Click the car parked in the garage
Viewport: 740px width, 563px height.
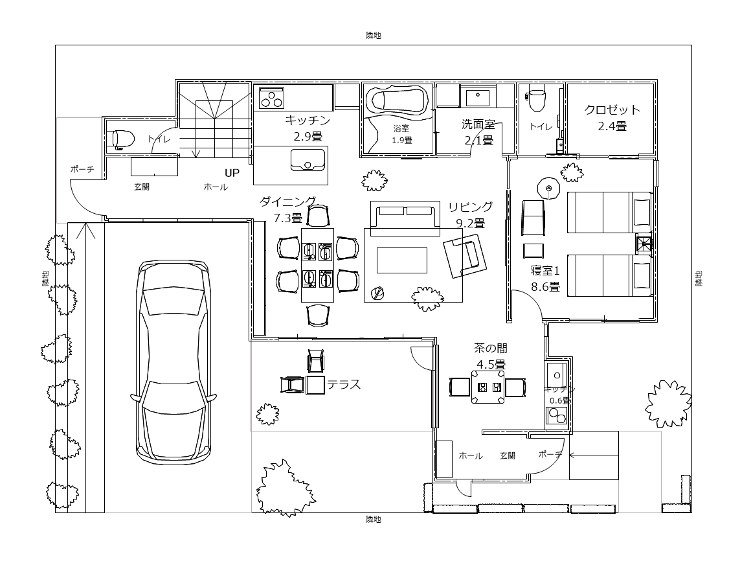[x=174, y=362]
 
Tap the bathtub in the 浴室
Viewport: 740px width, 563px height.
[x=398, y=100]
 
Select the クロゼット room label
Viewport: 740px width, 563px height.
[x=612, y=109]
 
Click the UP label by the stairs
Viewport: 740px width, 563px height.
[x=232, y=174]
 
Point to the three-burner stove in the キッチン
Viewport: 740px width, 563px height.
[x=271, y=98]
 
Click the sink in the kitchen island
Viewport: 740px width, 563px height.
[x=308, y=159]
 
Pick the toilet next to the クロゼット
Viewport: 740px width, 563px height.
[x=536, y=98]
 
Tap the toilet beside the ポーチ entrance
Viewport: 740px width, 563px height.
[x=124, y=139]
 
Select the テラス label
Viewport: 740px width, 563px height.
[x=344, y=384]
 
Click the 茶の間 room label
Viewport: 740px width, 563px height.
[x=491, y=349]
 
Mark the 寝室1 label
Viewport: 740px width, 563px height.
[x=545, y=271]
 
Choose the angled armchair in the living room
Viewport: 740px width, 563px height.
[x=464, y=255]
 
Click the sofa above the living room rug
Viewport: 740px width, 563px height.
[x=405, y=218]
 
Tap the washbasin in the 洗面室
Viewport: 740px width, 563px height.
[x=478, y=98]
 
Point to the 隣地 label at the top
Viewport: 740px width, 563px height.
[x=374, y=36]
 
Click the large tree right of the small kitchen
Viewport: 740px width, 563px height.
[x=668, y=404]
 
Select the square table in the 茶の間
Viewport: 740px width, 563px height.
[x=488, y=387]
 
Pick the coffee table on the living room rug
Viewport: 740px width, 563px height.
[x=401, y=260]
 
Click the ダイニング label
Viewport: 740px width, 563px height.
[x=288, y=202]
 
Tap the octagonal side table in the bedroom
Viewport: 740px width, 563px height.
[x=548, y=189]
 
